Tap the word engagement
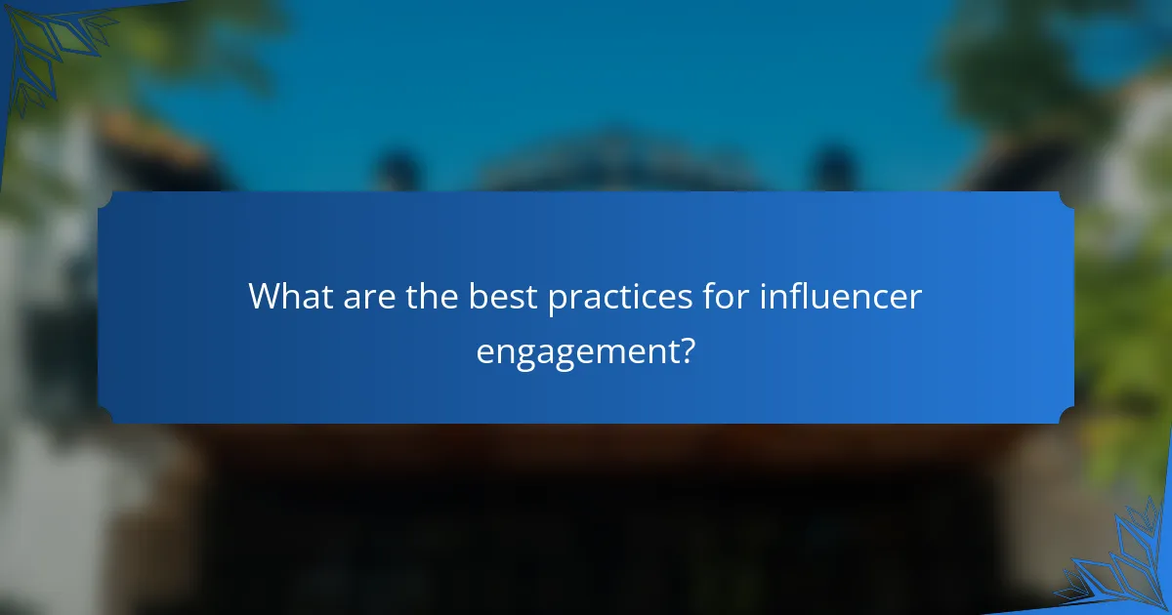576,352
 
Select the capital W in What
265,296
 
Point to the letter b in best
479,296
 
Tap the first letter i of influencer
764,296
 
